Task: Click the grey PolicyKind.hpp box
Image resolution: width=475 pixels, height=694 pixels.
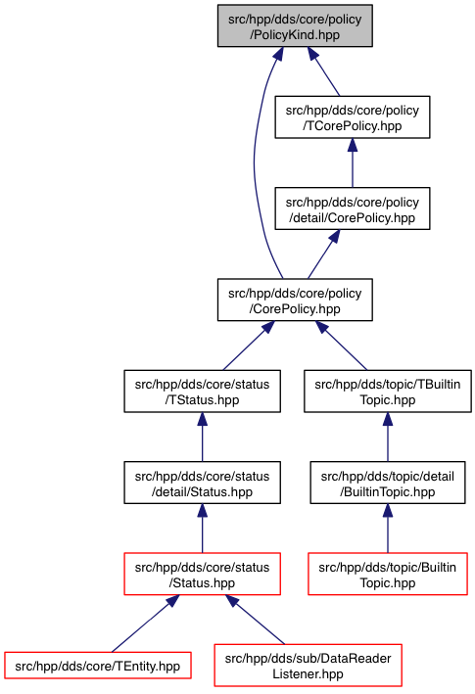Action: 295,25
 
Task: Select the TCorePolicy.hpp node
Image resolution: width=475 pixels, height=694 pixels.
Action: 353,117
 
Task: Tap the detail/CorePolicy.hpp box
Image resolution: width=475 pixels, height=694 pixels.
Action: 353,208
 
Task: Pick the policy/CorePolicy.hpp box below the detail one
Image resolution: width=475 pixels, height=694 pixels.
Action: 295,301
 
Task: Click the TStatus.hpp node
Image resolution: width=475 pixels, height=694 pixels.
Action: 203,392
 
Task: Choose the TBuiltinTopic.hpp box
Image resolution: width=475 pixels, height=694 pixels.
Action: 388,392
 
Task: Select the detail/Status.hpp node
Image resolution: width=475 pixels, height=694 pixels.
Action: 203,483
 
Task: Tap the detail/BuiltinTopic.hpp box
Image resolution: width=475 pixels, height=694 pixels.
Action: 388,483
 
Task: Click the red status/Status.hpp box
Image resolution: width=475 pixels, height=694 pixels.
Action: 203,574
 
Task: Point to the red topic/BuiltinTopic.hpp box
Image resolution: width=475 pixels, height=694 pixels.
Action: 388,574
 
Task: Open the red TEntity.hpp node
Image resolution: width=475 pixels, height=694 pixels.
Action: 98,666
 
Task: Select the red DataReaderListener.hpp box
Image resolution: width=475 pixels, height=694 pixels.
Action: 309,666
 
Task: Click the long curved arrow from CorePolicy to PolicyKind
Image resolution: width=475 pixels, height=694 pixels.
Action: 255,163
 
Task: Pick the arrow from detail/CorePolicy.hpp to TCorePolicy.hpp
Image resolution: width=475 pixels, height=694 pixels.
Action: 353,162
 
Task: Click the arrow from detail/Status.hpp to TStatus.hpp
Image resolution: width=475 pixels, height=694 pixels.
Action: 203,438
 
